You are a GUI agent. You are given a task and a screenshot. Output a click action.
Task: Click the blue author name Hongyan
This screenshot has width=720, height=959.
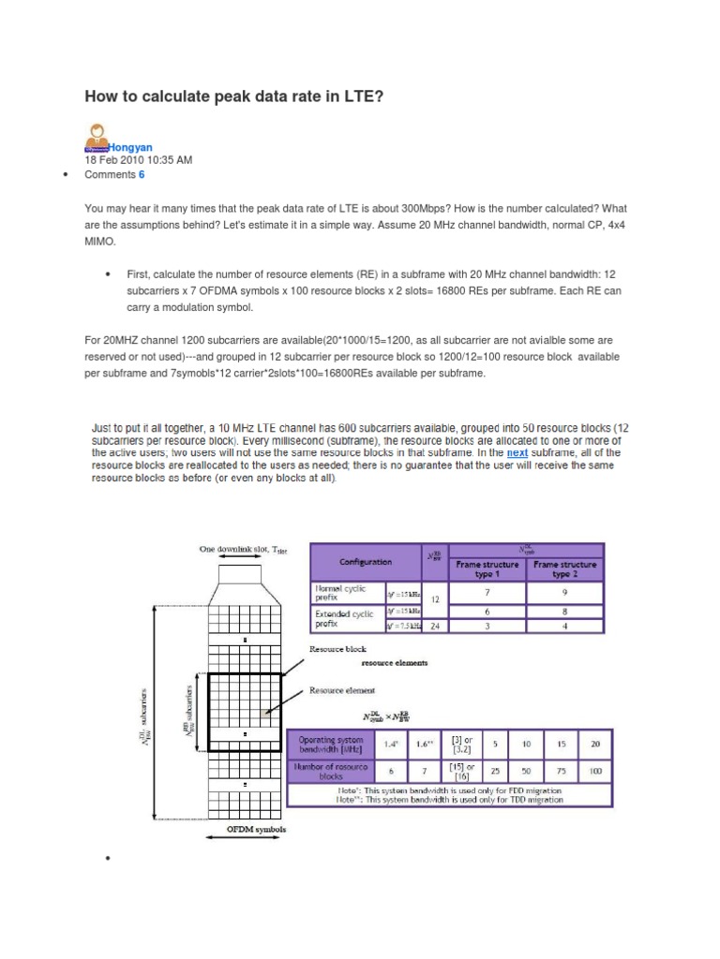(x=131, y=147)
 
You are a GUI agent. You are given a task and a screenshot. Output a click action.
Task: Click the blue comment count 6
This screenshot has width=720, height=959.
(x=142, y=174)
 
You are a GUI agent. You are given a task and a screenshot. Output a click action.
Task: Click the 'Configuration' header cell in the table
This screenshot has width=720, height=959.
(x=367, y=563)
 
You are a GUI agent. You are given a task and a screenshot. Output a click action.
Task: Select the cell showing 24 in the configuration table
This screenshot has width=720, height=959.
(x=434, y=627)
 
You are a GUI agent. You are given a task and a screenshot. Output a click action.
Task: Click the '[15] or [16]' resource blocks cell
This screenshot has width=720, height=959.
(x=462, y=772)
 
